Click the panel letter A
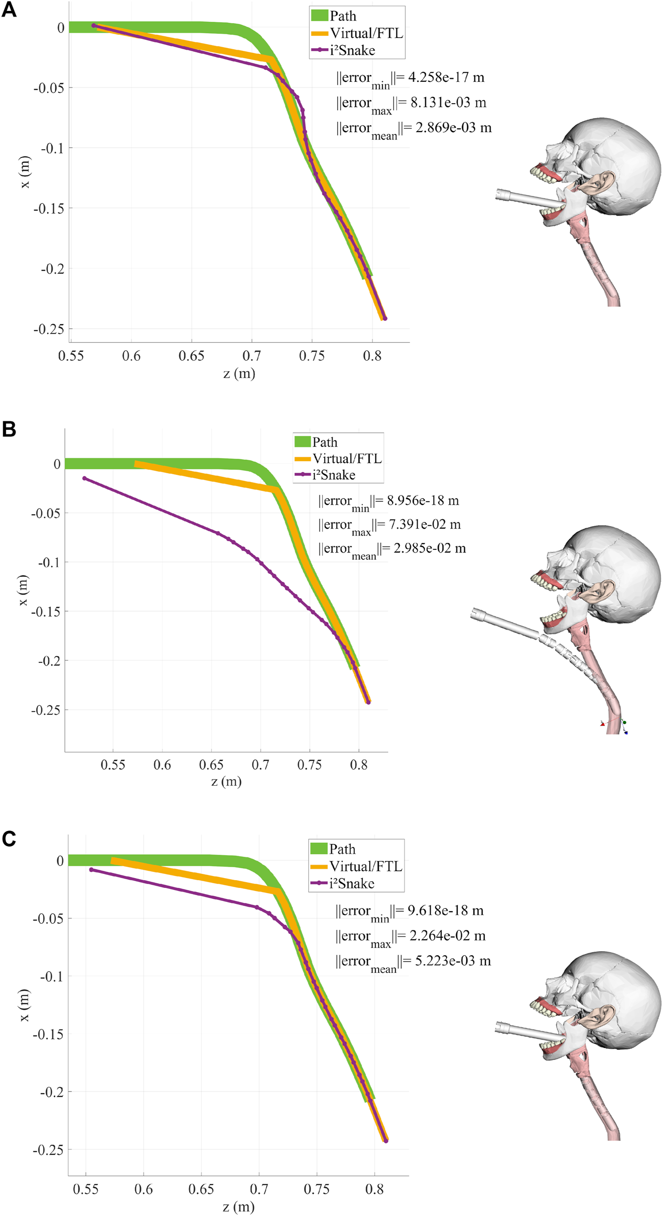click(9, 10)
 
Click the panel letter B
click(9, 429)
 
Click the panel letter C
click(9, 839)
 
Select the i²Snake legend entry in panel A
click(352, 50)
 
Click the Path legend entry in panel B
click(324, 442)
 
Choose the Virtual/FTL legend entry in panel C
click(366, 866)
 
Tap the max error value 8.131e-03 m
click(448, 103)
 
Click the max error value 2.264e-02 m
click(447, 936)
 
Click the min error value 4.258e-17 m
click(446, 78)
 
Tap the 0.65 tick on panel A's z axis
click(191, 356)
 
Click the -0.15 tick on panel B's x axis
click(46, 612)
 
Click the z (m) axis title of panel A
click(239, 374)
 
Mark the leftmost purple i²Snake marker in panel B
click(85, 478)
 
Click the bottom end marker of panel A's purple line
click(385, 318)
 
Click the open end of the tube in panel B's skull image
click(475, 615)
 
